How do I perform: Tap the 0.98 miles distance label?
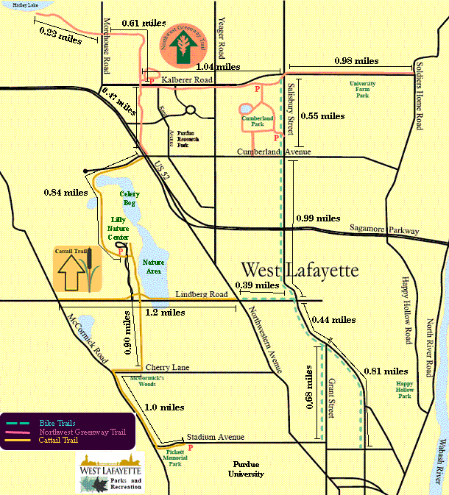point(356,61)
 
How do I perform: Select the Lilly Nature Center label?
point(119,228)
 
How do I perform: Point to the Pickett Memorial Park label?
point(175,457)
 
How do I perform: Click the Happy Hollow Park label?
point(404,391)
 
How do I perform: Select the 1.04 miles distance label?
point(219,67)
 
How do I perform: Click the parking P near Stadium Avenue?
point(191,446)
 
